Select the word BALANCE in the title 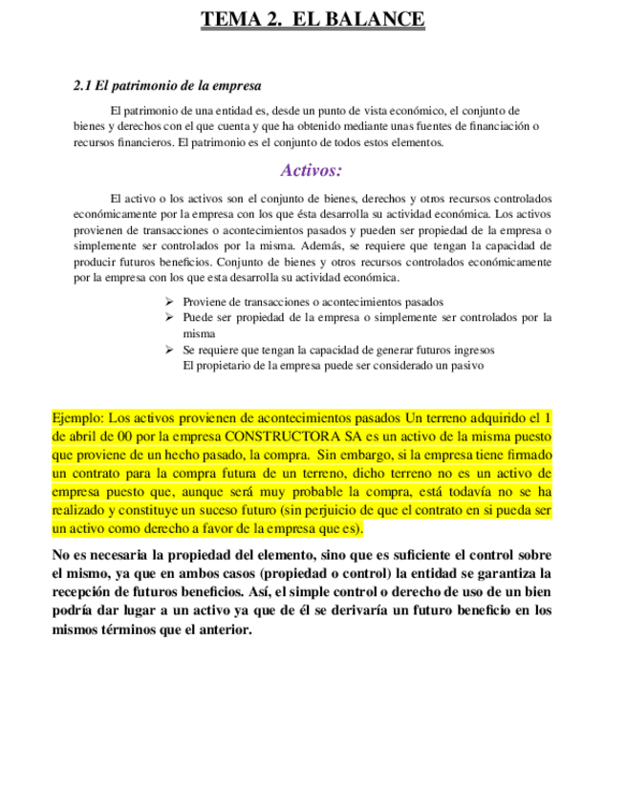[379, 20]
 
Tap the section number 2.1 [84, 86]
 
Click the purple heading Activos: [312, 171]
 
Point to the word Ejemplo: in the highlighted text [77, 418]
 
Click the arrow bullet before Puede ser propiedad [169, 317]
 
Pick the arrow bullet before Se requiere [169, 350]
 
